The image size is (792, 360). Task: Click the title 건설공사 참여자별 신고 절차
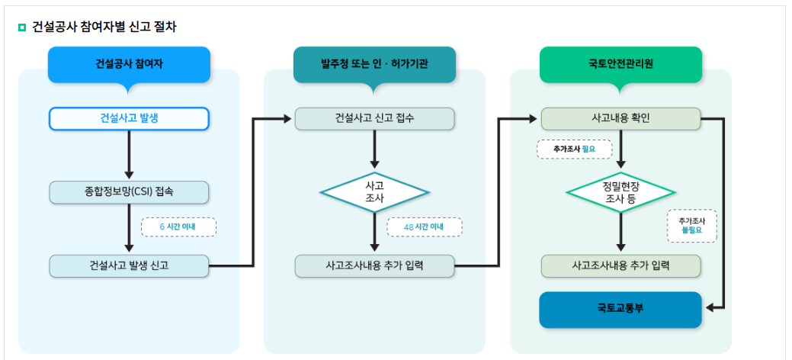(x=104, y=27)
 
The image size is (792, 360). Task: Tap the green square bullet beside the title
(x=22, y=27)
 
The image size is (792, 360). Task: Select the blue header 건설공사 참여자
(x=129, y=64)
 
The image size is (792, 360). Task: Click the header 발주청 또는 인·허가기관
(x=374, y=64)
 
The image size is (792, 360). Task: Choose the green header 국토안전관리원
(x=620, y=64)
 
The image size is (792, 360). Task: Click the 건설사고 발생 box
(x=129, y=119)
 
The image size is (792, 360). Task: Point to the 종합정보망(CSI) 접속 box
(x=129, y=191)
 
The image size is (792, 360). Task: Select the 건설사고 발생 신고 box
(x=129, y=265)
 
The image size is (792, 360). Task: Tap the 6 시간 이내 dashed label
(x=178, y=227)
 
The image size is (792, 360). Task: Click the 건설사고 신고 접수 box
(x=374, y=119)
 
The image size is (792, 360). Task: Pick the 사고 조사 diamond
(x=374, y=191)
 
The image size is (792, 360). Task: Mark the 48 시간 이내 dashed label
(x=424, y=227)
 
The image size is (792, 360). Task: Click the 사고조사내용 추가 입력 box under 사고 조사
(x=374, y=265)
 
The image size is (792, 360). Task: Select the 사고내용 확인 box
(x=620, y=119)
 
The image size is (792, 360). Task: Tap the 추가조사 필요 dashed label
(x=574, y=149)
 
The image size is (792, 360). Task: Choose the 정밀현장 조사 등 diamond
(x=620, y=191)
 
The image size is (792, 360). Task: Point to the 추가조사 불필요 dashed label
(x=691, y=225)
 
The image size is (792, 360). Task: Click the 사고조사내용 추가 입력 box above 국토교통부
(x=620, y=265)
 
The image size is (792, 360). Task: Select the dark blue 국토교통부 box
(x=620, y=309)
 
